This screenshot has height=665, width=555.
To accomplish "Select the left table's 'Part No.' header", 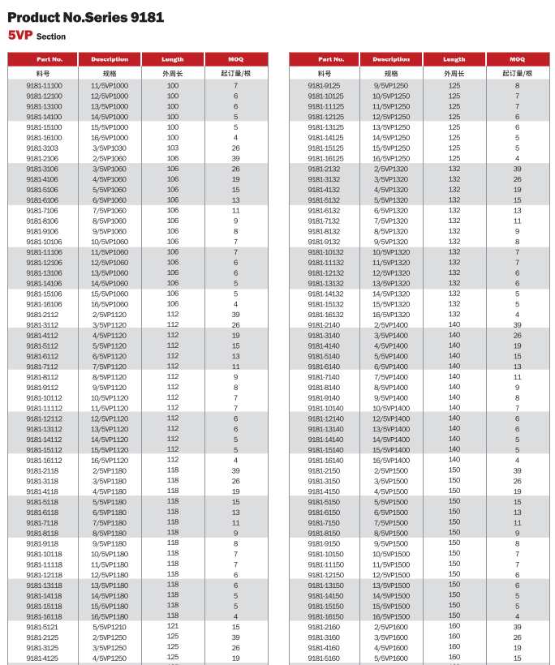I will pos(44,59).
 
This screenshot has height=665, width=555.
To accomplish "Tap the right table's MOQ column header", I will pos(517,59).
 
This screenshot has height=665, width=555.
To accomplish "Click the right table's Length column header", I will pos(454,59).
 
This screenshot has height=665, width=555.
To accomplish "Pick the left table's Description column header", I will pos(110,59).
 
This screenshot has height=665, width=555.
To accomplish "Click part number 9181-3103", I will pos(42,148).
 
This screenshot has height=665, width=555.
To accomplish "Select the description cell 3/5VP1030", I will pos(110,148).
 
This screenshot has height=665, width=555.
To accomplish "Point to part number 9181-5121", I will pos(42,627).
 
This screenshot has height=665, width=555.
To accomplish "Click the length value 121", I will pos(173,627).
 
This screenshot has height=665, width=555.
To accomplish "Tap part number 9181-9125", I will pos(324,85).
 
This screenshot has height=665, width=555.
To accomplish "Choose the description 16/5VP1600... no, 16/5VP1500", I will pos(391,616).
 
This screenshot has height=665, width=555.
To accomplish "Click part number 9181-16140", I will pos(324,460).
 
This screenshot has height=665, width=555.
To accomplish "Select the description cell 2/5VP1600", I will pos(391,627).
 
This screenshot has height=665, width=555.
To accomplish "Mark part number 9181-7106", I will pos(42,210).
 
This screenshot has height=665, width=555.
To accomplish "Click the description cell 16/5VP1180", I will pos(110,616).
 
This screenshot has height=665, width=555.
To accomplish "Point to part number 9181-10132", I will pos(324,252).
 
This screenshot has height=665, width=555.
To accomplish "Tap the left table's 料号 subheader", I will pos(44,73).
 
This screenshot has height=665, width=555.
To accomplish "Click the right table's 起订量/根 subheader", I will pos(517,73).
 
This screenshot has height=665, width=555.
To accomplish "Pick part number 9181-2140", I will pos(324,325).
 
